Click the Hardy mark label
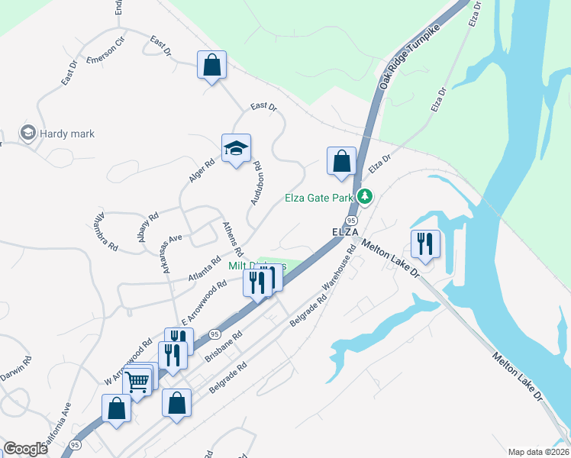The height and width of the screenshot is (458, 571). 67,134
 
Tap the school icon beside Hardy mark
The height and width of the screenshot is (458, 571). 29,134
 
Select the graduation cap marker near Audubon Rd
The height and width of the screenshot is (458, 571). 237,149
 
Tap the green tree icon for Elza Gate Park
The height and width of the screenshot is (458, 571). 366,197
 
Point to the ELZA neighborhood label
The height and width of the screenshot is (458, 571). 345,231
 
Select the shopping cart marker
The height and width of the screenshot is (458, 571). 137,381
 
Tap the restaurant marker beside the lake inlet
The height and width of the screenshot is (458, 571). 425,244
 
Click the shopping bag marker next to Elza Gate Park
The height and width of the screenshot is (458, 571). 341,161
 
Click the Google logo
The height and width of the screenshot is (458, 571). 25,449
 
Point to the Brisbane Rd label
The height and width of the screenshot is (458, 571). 223,347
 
